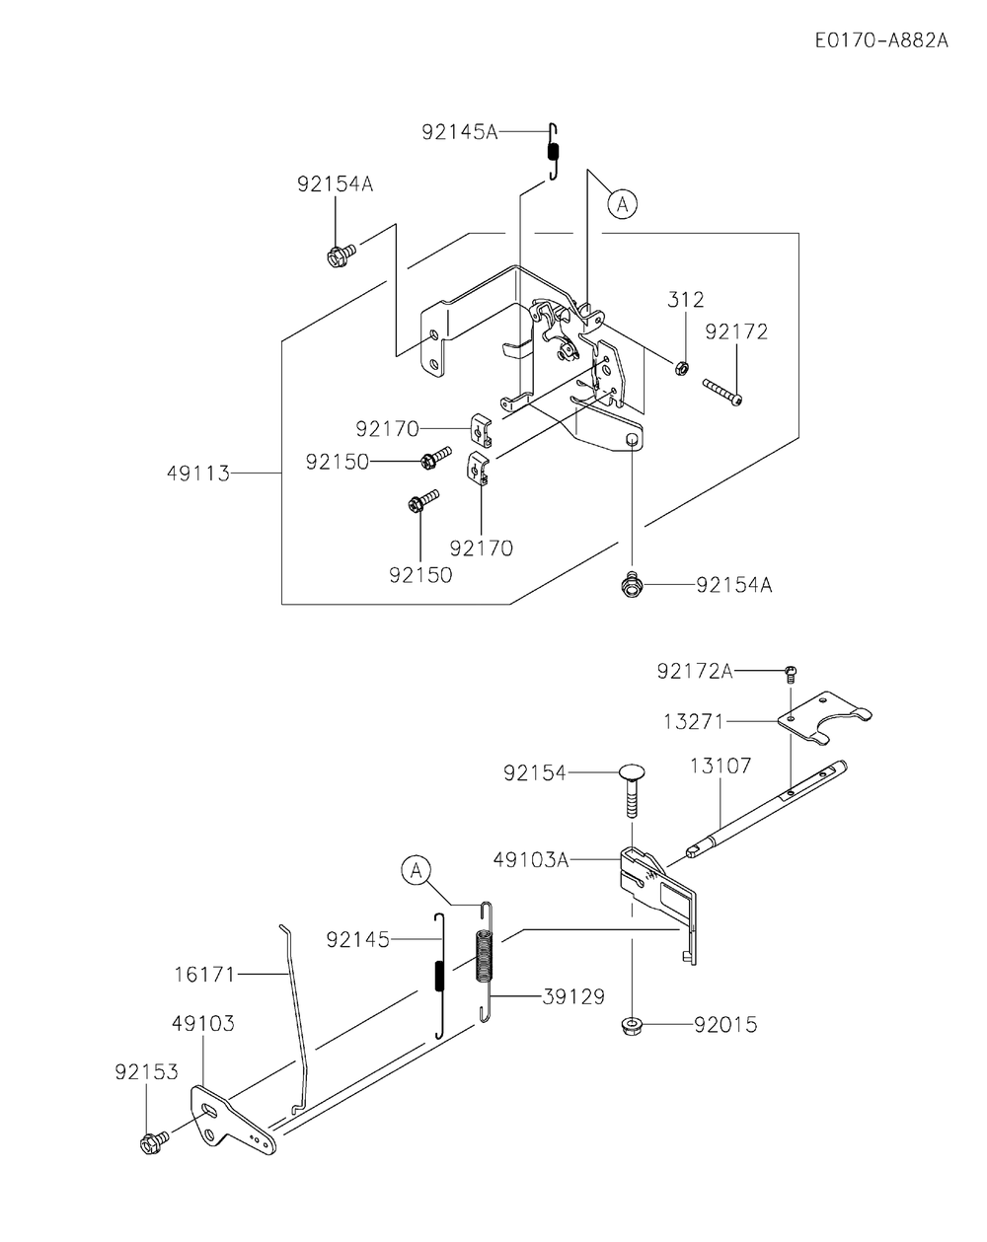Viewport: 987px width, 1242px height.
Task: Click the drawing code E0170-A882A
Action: coord(881,41)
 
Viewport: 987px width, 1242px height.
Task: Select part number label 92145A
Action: coord(459,131)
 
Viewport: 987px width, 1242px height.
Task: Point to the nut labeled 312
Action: coord(681,368)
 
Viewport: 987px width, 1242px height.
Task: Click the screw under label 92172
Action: coord(721,392)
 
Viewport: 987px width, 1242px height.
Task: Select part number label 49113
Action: coord(197,474)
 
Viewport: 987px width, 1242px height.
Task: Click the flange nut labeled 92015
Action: coord(632,1026)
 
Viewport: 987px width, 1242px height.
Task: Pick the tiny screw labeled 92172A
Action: coord(789,674)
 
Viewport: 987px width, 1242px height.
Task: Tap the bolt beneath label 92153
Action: coord(153,1142)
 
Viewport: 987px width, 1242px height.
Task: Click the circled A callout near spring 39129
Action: coord(417,870)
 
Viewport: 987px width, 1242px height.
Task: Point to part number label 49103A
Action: coord(531,859)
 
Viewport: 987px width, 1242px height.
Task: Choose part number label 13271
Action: coord(692,722)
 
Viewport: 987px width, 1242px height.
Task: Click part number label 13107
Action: coord(721,765)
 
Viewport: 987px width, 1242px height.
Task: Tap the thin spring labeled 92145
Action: coord(440,975)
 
